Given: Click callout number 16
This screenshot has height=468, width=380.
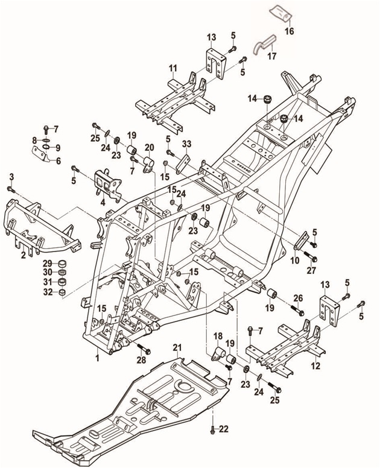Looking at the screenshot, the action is (290, 31).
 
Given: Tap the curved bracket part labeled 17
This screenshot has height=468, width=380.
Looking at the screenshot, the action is (264, 44).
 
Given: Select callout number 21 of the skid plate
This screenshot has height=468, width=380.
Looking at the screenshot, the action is (177, 347).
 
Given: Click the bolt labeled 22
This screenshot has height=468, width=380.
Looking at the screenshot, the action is (212, 430).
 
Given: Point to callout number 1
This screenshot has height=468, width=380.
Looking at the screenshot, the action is (97, 358).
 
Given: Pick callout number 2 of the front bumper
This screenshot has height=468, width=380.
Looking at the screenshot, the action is (24, 256).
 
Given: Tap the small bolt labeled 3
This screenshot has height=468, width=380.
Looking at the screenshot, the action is (10, 189).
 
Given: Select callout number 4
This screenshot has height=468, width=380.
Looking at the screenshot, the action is (103, 203).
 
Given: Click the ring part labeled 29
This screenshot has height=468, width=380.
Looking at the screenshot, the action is (62, 264).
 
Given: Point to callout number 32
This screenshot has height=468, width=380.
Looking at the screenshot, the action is (48, 292).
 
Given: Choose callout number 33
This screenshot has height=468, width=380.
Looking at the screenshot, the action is (186, 144).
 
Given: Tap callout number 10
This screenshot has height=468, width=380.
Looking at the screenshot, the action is (294, 261).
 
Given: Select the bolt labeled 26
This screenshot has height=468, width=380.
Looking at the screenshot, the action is (297, 311).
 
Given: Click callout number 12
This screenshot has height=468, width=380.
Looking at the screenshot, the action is (315, 365).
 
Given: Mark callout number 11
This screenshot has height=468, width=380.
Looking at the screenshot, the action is (173, 68).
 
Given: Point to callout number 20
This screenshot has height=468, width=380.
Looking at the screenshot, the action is (149, 147).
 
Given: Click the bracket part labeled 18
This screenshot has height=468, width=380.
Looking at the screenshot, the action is (219, 354).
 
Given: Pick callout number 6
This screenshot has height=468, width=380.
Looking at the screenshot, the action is (58, 161).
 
